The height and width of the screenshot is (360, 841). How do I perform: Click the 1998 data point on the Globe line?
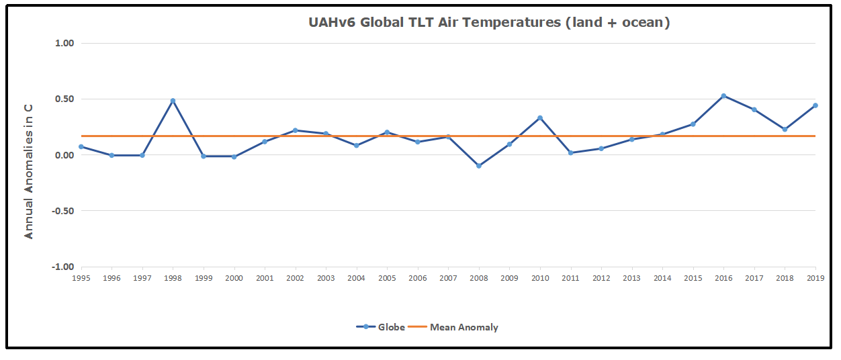[x=173, y=101]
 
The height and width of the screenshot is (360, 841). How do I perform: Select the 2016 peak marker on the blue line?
[x=723, y=96]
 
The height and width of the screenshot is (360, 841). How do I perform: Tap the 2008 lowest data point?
[x=479, y=165]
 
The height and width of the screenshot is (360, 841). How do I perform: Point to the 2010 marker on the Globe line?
[x=540, y=118]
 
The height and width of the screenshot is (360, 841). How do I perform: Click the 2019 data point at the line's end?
[x=815, y=105]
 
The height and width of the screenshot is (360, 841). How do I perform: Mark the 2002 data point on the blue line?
[x=296, y=130]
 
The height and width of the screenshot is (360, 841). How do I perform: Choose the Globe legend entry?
[x=381, y=327]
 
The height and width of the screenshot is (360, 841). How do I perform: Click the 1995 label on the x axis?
[x=81, y=277]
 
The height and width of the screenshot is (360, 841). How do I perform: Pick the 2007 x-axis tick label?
[x=449, y=277]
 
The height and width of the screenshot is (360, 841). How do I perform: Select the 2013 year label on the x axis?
[x=632, y=277]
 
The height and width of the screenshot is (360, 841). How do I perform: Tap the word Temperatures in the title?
[x=513, y=22]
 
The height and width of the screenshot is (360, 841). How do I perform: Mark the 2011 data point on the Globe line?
[x=571, y=153]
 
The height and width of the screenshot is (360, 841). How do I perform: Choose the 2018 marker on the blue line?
[x=785, y=129]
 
